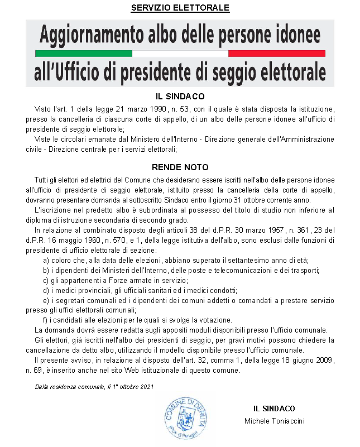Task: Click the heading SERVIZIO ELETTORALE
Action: pos(180,8)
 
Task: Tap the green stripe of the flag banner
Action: pos(83,54)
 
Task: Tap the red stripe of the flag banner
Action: pos(277,54)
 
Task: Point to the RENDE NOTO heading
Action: pos(180,167)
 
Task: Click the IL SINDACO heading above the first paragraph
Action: pos(180,96)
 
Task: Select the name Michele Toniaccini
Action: pos(274,420)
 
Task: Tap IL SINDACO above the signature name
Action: pos(274,408)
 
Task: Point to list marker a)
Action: pos(46,260)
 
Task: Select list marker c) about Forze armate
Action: pos(46,280)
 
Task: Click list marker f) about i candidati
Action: pos(46,320)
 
